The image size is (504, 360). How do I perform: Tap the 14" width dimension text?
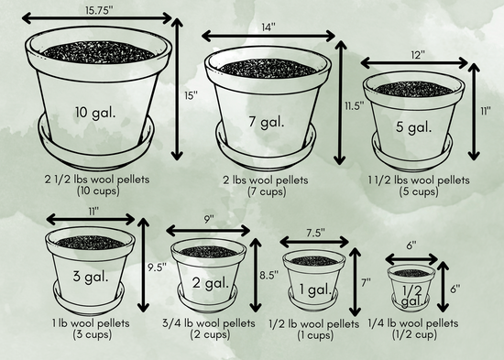click(x=268, y=27)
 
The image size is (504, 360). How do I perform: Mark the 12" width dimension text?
click(x=418, y=55)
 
